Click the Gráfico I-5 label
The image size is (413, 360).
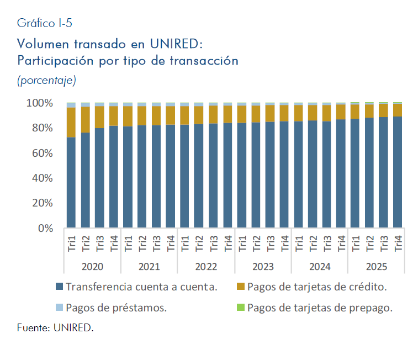click(44, 23)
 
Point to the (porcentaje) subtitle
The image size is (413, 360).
click(46, 80)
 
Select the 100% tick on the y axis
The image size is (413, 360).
click(39, 103)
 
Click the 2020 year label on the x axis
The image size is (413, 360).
click(92, 267)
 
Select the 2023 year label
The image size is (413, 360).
click(263, 267)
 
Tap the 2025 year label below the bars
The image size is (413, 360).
click(377, 267)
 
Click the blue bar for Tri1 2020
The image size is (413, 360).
click(71, 182)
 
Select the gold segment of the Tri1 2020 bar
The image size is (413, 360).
click(71, 122)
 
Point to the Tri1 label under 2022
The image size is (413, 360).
click(185, 243)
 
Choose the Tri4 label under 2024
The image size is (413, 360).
click(341, 243)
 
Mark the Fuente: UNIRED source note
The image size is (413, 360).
click(55, 328)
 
